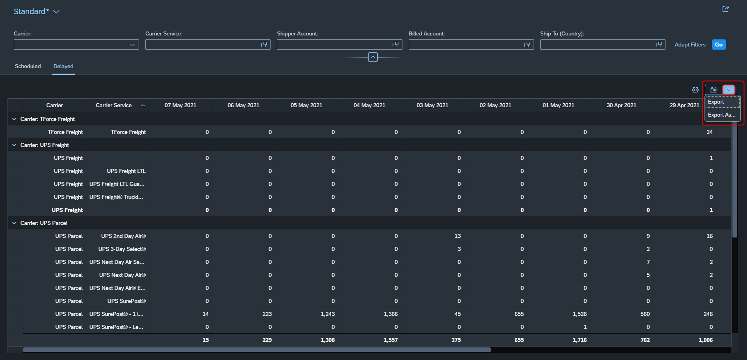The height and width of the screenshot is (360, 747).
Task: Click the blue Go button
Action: coord(719,45)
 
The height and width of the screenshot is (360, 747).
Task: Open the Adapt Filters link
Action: coord(690,45)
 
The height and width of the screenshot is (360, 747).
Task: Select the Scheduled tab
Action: coord(28,66)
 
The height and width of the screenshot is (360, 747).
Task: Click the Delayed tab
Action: coord(63,66)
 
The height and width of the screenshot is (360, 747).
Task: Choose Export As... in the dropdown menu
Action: coord(722,115)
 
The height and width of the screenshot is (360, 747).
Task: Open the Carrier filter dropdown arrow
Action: coord(132,45)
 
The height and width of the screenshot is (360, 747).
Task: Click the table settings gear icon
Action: coord(695,90)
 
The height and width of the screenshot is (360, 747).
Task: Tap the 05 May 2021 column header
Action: coord(306,105)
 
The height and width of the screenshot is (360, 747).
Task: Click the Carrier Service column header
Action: coord(114,105)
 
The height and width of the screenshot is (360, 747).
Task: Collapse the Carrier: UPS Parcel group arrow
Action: coord(14,223)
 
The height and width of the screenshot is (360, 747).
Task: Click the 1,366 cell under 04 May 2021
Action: coord(391,314)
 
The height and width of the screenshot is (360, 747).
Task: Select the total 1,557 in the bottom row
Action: coord(391,340)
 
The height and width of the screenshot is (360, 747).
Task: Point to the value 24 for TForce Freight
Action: coord(710,132)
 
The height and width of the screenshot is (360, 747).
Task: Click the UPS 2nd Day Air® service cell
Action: coord(123,236)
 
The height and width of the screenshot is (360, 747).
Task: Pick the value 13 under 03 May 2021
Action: coord(458,236)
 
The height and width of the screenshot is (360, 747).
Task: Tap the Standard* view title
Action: coord(32,11)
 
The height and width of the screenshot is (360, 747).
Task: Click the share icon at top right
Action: coord(725,9)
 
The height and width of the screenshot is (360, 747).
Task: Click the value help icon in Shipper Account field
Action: coord(395,45)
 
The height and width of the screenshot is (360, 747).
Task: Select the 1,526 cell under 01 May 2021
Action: coord(580,314)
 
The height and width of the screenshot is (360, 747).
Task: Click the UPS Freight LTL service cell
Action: coord(126,171)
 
